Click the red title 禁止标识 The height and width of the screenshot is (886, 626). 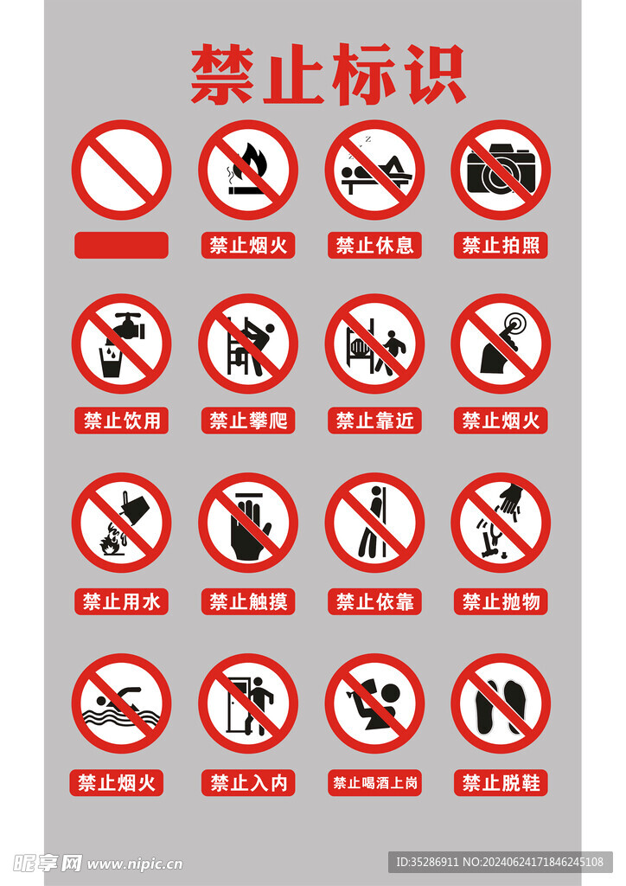tap(328, 75)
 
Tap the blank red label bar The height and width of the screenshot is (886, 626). tap(121, 245)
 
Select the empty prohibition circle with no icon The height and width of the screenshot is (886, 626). tap(121, 170)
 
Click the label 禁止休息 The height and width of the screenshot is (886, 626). tap(374, 245)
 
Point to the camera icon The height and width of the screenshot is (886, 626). tap(501, 170)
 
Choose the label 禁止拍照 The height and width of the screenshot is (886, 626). tap(501, 245)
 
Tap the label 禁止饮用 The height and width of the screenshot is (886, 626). tap(121, 421)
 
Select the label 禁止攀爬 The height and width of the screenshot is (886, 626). tap(248, 421)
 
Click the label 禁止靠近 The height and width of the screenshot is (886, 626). tap(374, 421)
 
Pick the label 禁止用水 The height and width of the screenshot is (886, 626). tap(121, 601)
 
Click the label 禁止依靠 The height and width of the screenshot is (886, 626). tap(374, 601)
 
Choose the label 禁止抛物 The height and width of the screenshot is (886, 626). tap(501, 601)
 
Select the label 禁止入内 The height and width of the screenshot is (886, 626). tap(248, 783)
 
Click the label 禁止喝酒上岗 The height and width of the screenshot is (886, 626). tap(374, 783)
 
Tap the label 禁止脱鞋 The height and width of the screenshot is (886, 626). tap(501, 783)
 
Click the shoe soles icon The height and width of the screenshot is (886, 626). tap(501, 705)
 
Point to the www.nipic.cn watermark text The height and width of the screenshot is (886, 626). tap(134, 864)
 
